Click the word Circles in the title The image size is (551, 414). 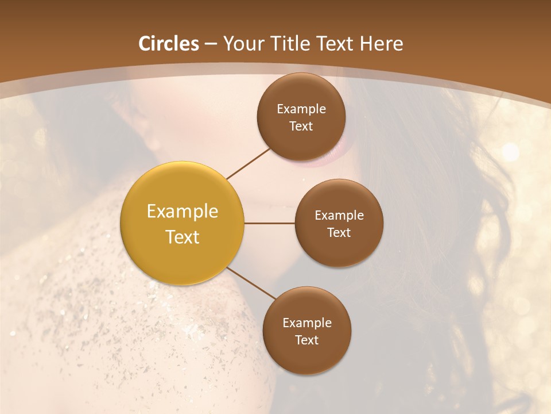[169, 44]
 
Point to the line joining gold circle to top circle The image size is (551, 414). [249, 163]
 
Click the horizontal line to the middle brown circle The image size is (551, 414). [270, 223]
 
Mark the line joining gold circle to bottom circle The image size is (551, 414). [251, 283]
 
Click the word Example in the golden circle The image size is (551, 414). [183, 212]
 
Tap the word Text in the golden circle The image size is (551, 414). [183, 237]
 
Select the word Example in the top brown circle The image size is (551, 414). [301, 109]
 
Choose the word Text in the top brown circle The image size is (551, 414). [301, 126]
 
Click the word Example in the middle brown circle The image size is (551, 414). [339, 216]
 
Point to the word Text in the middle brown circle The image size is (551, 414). [339, 233]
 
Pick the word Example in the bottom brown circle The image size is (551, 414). [307, 323]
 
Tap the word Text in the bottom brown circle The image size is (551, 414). [306, 340]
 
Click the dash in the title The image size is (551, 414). [211, 44]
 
